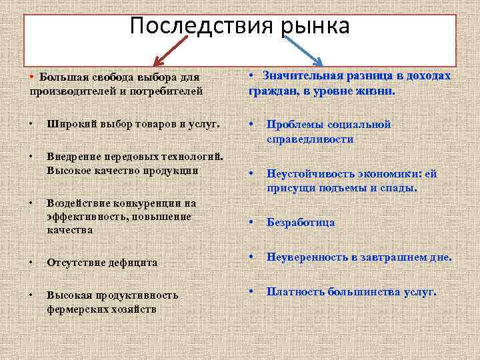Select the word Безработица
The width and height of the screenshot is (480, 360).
pos(301,223)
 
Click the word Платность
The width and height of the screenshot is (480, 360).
pos(294,291)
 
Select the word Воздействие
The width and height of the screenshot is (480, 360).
pos(77,204)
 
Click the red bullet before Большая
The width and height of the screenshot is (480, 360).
pos(32,77)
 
